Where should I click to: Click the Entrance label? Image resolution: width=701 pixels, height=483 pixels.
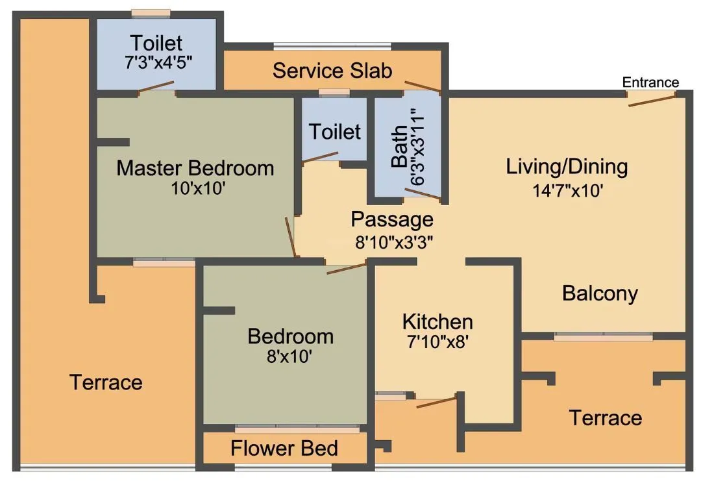650,82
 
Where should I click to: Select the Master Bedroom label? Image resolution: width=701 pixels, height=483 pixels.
195,168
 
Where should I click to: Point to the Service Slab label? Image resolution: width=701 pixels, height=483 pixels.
332,70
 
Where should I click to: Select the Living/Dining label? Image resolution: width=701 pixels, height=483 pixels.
567,167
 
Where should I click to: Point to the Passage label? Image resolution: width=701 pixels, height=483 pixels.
391,219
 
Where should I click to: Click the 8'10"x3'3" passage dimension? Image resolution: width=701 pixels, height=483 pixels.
394,241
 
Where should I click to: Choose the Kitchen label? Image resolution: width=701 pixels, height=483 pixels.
437,321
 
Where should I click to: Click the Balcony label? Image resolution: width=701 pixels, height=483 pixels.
600,293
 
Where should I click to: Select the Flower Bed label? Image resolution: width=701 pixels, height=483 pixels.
284,448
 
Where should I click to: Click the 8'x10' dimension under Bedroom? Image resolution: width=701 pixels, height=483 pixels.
290,356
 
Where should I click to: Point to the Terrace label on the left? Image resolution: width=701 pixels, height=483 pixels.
106,382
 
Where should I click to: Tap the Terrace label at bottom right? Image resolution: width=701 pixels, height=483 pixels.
605,417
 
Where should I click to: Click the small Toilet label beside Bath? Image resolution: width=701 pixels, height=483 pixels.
334,132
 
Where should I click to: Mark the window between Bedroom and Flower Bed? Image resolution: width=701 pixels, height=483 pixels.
297,429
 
